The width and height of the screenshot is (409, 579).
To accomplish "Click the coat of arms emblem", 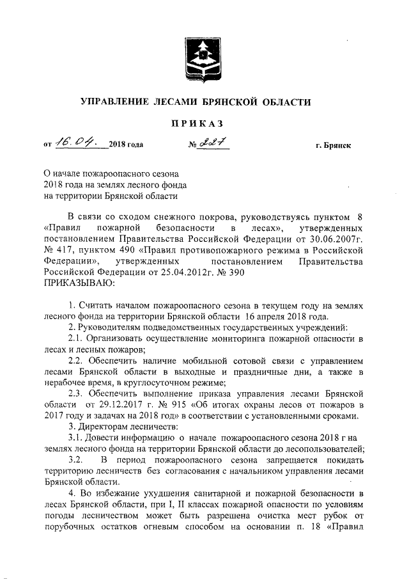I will [x=203, y=61].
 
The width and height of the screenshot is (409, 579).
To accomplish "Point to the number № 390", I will [x=228, y=271].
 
